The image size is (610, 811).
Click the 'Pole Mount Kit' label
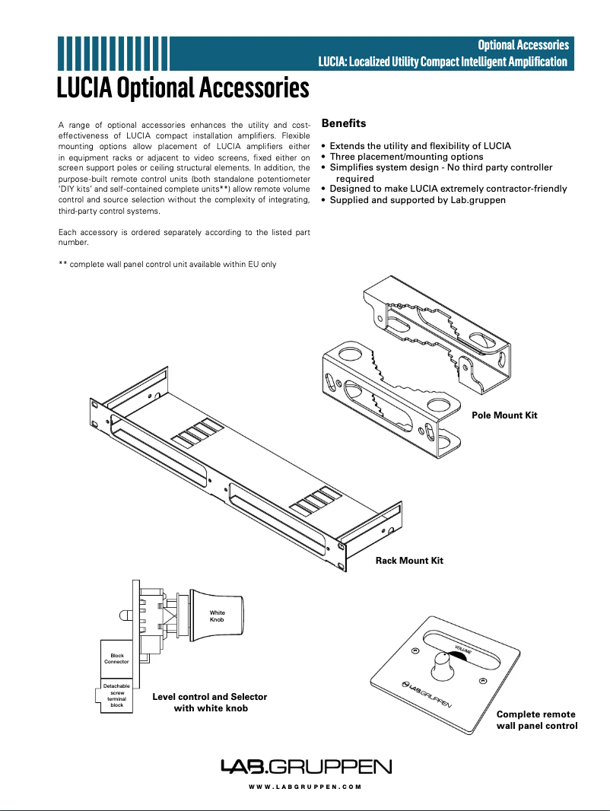[x=504, y=415]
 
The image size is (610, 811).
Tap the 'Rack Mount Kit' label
[x=409, y=561]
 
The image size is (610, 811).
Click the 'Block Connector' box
[x=116, y=658]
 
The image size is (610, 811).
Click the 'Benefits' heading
[x=344, y=122]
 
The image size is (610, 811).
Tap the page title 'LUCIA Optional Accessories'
[x=183, y=88]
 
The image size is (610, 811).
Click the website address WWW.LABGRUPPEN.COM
[x=305, y=787]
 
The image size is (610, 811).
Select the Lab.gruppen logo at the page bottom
[x=305, y=766]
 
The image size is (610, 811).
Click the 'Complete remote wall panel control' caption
[x=536, y=720]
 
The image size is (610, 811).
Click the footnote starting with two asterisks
[x=167, y=264]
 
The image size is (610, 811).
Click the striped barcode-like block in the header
[x=113, y=52]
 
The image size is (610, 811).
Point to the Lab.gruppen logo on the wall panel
[x=426, y=694]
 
